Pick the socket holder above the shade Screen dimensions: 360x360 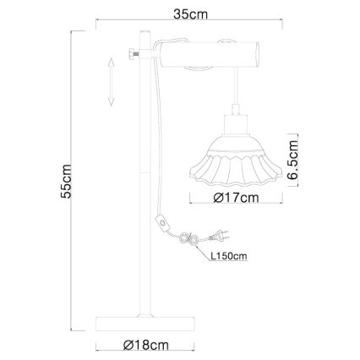pyautogui.click(x=232, y=126)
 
